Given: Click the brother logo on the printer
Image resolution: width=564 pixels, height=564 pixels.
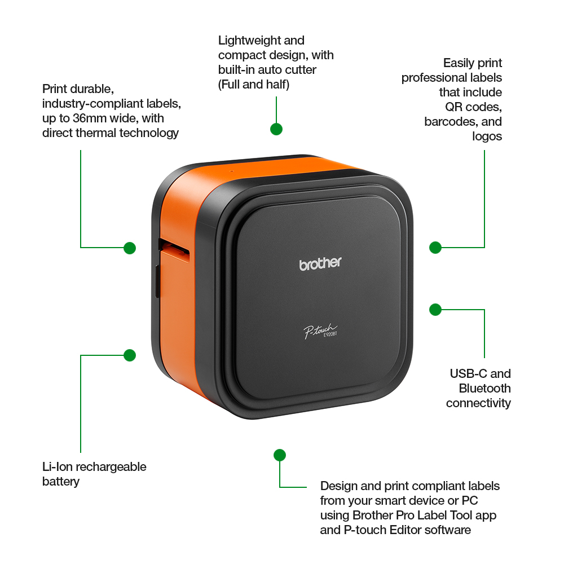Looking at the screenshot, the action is click(x=320, y=263).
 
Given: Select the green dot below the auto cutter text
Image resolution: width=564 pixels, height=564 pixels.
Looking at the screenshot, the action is click(x=276, y=129).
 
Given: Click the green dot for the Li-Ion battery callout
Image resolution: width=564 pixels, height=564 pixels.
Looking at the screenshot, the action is click(x=130, y=355).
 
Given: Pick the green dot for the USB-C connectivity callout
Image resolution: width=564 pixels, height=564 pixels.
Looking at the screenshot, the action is click(x=435, y=309).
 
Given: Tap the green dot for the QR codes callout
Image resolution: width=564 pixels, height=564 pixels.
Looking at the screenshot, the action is click(x=435, y=248).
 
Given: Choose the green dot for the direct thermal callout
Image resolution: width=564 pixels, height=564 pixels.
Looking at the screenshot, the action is click(x=130, y=248).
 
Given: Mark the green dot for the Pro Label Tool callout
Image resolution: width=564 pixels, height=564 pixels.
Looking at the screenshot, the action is click(x=280, y=455).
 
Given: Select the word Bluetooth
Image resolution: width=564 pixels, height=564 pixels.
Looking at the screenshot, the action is click(x=485, y=389).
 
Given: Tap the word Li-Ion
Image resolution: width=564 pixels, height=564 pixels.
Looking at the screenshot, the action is click(x=58, y=467).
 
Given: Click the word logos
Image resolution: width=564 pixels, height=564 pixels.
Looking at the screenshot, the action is click(x=487, y=136).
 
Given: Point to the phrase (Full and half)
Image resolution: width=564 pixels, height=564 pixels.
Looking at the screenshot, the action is click(x=254, y=85).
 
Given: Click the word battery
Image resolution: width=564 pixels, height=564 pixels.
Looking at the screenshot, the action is click(x=61, y=482).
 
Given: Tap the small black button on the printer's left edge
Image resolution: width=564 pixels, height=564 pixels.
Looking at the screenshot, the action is click(x=157, y=281).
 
